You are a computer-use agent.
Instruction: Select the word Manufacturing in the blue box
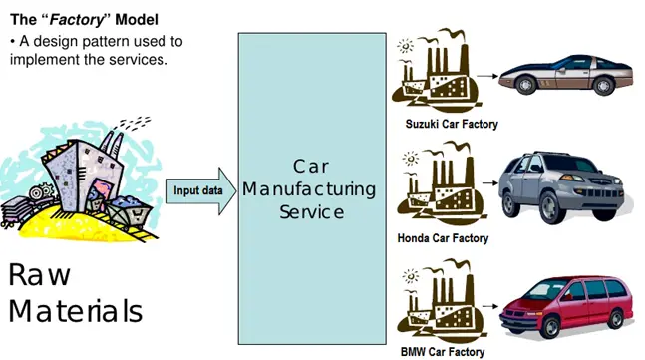(310, 188)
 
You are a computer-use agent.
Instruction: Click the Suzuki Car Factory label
(452, 125)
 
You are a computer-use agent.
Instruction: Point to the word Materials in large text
(76, 311)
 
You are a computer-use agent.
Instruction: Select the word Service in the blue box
(310, 211)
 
